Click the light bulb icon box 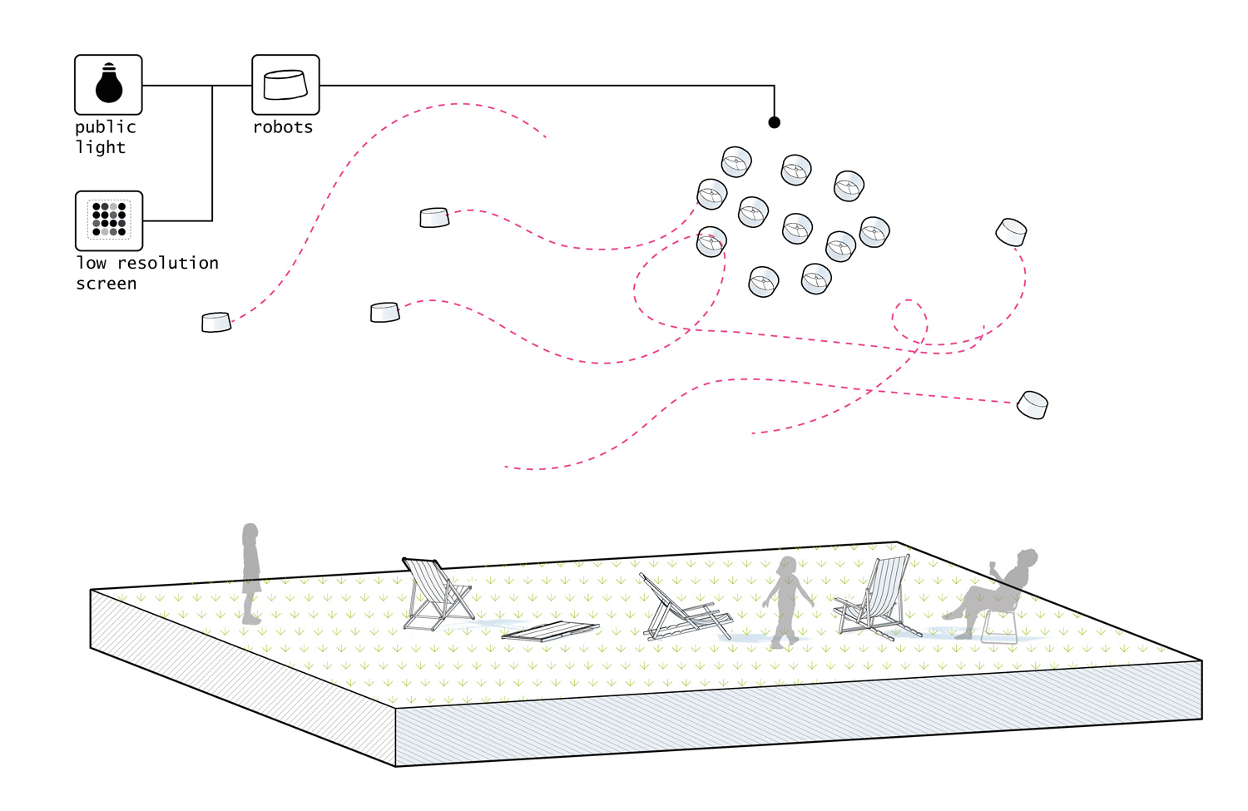click(108, 85)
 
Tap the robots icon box click(285, 85)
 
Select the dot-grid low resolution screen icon click(109, 220)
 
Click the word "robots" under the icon click(283, 127)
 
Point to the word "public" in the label click(105, 127)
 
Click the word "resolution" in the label click(168, 263)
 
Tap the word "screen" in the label click(106, 284)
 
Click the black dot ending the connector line click(774, 122)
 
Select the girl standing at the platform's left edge click(250, 574)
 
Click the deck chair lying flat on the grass click(551, 631)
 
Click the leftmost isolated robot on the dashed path click(216, 322)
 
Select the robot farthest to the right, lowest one click(1033, 405)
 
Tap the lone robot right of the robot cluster click(1011, 231)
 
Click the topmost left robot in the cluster click(736, 161)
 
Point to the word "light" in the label click(101, 148)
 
